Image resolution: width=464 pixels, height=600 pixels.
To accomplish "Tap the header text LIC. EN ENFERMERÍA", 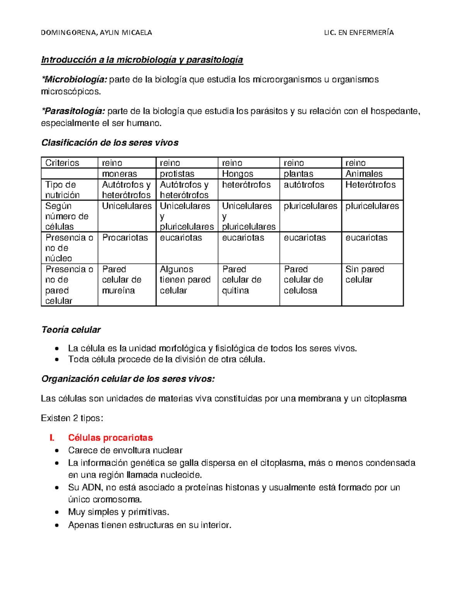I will coord(358,33).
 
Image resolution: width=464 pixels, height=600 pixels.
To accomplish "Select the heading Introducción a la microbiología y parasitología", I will coord(142,60).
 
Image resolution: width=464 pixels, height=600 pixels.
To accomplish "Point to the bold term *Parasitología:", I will coord(73,111).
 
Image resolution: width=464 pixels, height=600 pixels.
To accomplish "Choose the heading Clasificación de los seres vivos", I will coord(110,143).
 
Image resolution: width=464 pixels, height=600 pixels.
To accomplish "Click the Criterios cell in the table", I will coord(62,163).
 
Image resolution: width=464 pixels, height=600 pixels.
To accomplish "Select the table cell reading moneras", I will coord(119,174).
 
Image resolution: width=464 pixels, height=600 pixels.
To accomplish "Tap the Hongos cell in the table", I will coord(237,174).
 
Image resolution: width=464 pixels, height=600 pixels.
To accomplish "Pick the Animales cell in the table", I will coord(364,174).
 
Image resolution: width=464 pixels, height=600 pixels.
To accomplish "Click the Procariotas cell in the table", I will coord(125,238).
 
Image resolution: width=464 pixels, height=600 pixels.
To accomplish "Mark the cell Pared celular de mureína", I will coord(121,280).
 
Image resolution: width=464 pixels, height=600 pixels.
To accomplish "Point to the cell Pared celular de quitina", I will coord(241,280).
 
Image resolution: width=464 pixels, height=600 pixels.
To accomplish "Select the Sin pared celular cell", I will coord(364,274).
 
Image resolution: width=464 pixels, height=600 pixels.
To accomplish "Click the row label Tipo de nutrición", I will coord(62,190).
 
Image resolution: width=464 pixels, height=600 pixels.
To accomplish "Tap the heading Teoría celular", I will coord(71,330).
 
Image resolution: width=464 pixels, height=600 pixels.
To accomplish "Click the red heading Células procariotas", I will coord(110,438).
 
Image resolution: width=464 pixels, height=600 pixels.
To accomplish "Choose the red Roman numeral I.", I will coord(51,438).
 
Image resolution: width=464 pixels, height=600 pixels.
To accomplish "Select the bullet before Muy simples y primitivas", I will coord(57,513).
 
